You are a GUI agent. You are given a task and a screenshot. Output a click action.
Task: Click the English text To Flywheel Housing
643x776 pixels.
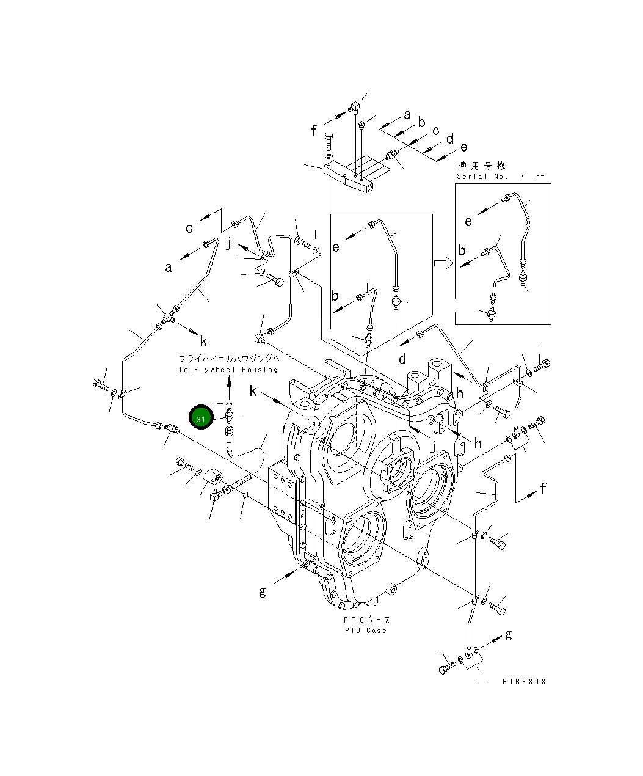(x=228, y=370)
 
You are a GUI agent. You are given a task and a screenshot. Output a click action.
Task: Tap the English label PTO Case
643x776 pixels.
(x=365, y=630)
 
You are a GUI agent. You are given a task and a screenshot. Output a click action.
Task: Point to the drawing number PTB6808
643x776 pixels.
(x=524, y=681)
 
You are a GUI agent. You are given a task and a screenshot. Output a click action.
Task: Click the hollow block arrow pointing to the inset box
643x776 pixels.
(x=443, y=263)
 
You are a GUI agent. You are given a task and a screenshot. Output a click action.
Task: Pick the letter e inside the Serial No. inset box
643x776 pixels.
(x=468, y=221)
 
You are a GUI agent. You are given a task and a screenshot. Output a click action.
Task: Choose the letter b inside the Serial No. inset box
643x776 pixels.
(x=462, y=251)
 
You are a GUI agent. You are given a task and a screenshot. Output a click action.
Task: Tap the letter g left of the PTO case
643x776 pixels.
(x=263, y=591)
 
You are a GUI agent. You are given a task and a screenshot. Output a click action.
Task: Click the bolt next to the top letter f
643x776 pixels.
(x=329, y=142)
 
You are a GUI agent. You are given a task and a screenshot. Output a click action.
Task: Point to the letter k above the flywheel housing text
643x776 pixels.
(x=203, y=342)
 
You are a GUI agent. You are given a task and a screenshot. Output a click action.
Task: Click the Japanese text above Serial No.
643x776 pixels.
(x=482, y=166)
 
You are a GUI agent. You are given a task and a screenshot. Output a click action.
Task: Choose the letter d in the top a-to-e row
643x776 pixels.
(x=450, y=139)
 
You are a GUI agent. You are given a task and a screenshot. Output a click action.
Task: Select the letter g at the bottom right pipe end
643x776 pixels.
(x=508, y=635)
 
